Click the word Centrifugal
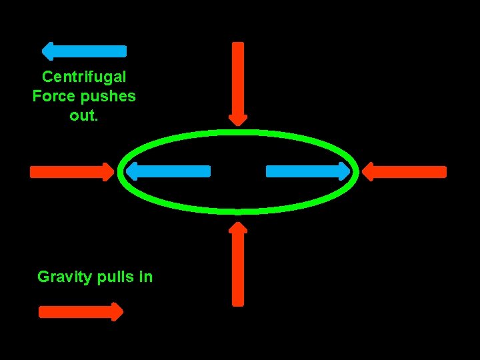point(83,77)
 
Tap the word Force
point(55,95)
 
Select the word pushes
point(109,95)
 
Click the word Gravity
point(65,276)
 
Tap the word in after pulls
point(146,276)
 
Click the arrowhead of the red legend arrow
point(117,312)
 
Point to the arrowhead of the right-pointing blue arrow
point(344,171)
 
